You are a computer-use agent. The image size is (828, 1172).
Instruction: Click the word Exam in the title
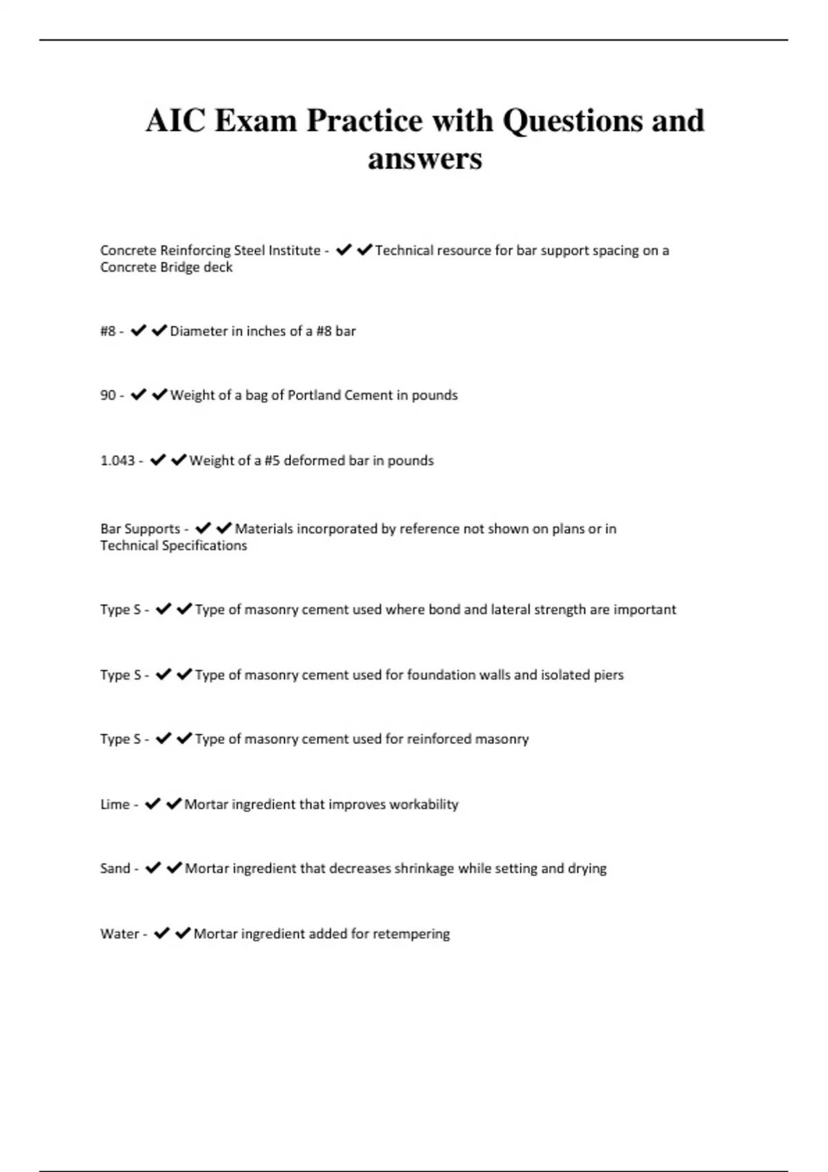click(256, 121)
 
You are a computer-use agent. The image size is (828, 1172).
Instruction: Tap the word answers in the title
click(424, 159)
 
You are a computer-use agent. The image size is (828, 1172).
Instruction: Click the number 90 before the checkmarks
click(108, 395)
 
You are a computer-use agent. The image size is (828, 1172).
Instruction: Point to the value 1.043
click(117, 461)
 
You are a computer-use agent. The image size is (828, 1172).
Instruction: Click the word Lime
click(115, 804)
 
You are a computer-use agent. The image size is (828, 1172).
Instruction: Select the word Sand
click(115, 868)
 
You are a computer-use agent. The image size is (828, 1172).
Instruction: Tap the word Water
click(119, 933)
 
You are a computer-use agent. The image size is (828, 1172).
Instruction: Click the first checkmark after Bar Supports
click(202, 529)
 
